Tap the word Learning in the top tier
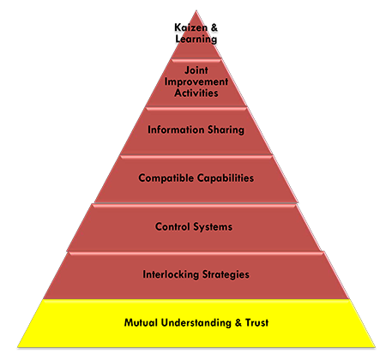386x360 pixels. point(196,39)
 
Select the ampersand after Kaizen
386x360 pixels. point(214,27)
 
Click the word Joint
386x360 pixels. point(196,70)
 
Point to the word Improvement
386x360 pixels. point(196,81)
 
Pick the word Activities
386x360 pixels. point(196,93)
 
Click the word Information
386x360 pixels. point(176,129)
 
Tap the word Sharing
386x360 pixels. point(226,130)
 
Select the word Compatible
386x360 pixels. point(166,178)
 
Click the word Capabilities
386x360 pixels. point(226,178)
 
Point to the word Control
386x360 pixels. point(172,226)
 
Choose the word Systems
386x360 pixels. point(213,227)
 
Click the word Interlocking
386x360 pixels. point(171,274)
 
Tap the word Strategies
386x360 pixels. point(226,275)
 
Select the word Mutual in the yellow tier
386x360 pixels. point(141,322)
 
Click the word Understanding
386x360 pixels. point(196,323)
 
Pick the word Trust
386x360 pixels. point(257,322)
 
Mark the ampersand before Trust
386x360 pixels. point(238,323)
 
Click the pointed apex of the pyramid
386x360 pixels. point(196,10)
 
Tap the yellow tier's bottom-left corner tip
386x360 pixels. point(18,347)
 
